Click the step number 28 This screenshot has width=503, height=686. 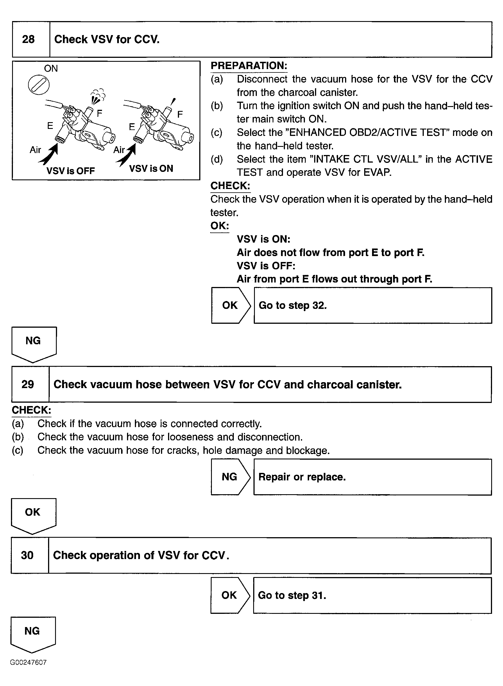(28, 39)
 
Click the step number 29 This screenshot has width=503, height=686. (28, 384)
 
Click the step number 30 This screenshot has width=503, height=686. (27, 555)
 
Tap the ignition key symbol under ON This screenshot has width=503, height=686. (39, 85)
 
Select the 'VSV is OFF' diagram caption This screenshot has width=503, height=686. (70, 171)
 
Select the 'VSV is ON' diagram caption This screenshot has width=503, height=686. (151, 168)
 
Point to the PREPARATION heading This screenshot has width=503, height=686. (249, 66)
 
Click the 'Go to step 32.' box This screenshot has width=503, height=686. (373, 305)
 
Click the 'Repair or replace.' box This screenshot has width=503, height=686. (372, 477)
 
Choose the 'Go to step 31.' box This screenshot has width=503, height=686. (372, 595)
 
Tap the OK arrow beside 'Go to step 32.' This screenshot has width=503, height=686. (230, 305)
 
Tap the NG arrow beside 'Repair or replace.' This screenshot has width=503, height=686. (230, 477)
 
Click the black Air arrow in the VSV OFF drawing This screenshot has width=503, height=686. (49, 154)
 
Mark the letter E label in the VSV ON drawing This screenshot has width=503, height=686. (132, 127)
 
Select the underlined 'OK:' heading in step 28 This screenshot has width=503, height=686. (219, 226)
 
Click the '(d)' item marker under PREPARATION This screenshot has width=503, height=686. (216, 159)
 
